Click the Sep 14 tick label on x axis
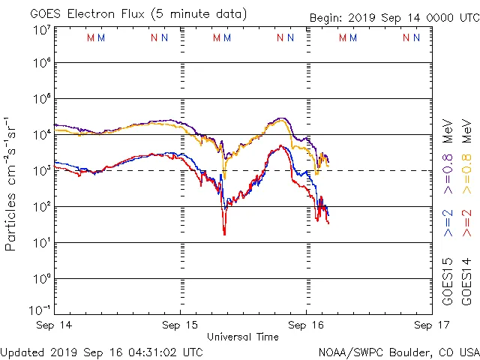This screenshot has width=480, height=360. tap(55, 325)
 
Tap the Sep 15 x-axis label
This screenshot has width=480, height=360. tap(180, 325)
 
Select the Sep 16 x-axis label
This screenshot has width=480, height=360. tap(305, 325)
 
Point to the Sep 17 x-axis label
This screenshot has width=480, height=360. tap(424, 325)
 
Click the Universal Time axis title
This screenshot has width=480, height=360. tap(243, 337)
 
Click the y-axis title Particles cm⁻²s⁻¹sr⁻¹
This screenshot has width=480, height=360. tap(12, 184)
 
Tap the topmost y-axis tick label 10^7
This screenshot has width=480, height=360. tap(41, 30)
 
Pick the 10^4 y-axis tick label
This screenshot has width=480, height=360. tap(41, 135)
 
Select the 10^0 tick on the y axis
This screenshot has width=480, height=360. tap(41, 278)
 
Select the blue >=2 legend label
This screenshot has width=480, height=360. tap(448, 223)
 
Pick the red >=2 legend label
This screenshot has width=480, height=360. tap(466, 223)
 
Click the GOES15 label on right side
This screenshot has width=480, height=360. tap(448, 282)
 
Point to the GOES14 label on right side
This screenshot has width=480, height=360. tap(466, 282)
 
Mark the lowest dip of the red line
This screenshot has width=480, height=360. tap(224, 234)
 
